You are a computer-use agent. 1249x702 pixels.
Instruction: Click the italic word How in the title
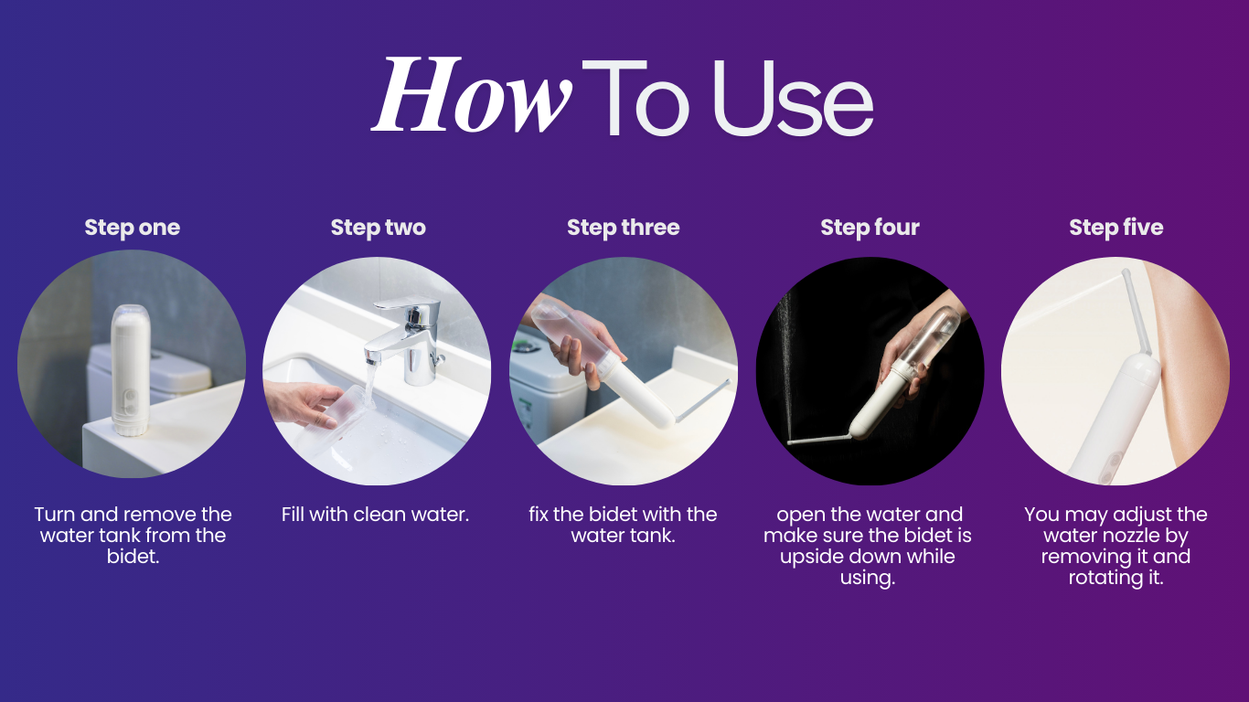coord(471,95)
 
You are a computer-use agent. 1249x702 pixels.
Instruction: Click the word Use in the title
coord(794,98)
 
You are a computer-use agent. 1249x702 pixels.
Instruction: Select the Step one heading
coord(133,228)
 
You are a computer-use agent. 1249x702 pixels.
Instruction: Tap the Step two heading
coord(378,228)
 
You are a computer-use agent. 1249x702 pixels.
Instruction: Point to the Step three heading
coord(624,228)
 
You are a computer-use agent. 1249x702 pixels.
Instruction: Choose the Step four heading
coord(870,228)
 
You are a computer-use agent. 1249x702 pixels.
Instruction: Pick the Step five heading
coord(1116,228)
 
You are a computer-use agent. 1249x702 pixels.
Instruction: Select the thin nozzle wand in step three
coord(702,400)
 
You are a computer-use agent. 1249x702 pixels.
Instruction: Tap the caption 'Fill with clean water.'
coord(375,514)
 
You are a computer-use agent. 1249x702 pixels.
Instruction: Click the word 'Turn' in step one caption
coord(55,514)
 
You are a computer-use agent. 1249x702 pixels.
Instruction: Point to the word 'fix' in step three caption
coord(538,514)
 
